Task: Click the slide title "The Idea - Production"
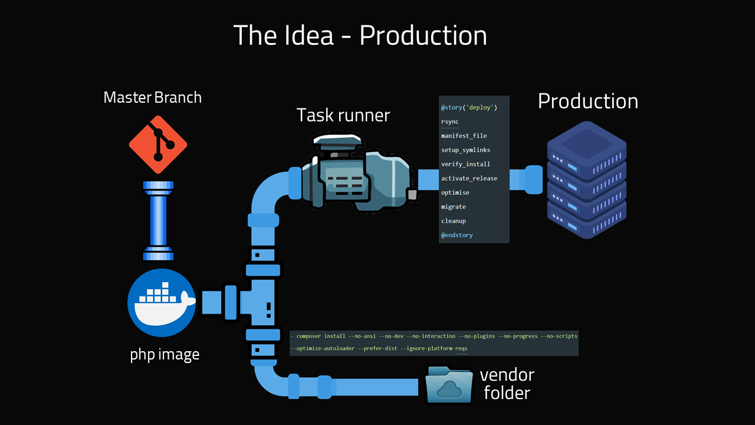click(x=360, y=35)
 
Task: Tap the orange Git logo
click(x=158, y=145)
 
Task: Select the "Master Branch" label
click(x=152, y=97)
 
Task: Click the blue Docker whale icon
click(x=162, y=302)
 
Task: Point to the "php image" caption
click(x=165, y=355)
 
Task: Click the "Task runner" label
click(x=343, y=115)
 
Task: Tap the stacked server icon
click(x=586, y=180)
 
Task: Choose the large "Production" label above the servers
click(x=587, y=101)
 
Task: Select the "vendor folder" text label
click(x=507, y=384)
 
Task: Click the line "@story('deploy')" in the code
click(x=469, y=107)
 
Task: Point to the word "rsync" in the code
click(x=449, y=122)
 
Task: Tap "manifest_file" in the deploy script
click(x=464, y=136)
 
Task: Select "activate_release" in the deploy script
click(x=469, y=178)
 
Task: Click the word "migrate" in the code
click(x=453, y=207)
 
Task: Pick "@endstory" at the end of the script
click(x=457, y=235)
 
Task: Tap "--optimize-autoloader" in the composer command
click(x=323, y=348)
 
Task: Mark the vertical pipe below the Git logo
click(x=158, y=220)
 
